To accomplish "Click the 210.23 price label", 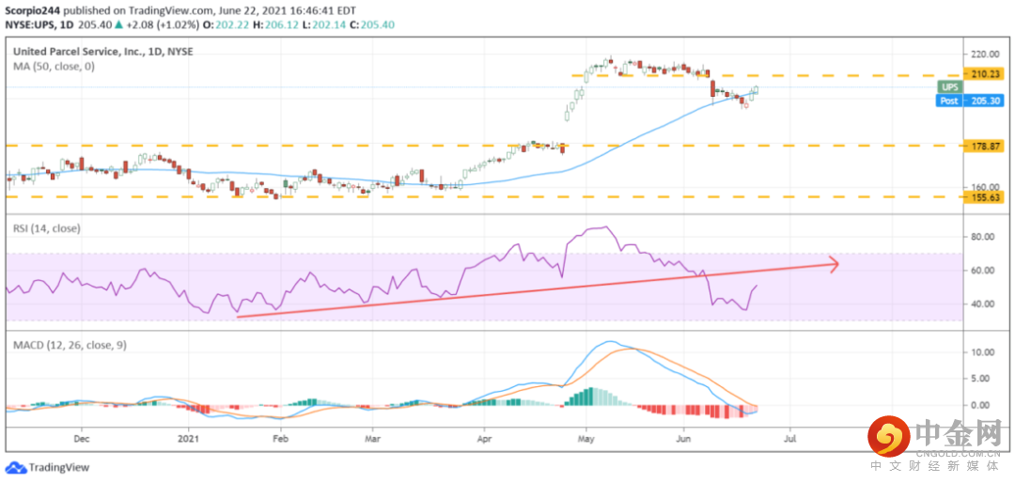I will coord(987,73).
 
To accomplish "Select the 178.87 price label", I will coord(987,146).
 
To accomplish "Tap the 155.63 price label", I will coord(987,197).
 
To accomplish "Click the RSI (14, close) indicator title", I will coord(46,228).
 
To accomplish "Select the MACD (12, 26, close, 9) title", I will coord(70,345).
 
